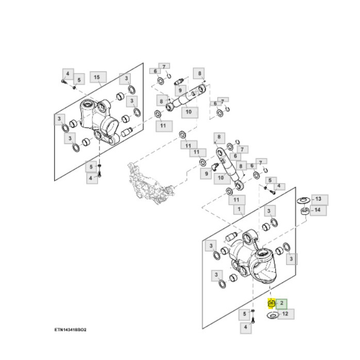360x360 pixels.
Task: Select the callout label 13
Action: click(x=318, y=199)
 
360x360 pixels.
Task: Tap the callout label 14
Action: click(x=317, y=210)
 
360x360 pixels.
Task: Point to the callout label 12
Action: click(x=286, y=314)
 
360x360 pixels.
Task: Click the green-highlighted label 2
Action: click(x=282, y=303)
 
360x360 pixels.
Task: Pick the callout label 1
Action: click(x=239, y=209)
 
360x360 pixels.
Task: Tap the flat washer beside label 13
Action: click(x=303, y=199)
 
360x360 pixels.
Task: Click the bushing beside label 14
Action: click(x=304, y=210)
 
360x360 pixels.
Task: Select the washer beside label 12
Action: click(x=273, y=315)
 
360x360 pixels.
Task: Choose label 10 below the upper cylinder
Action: click(x=188, y=112)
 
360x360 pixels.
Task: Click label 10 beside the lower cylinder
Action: click(x=223, y=178)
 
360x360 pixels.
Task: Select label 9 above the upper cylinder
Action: click(x=180, y=90)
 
